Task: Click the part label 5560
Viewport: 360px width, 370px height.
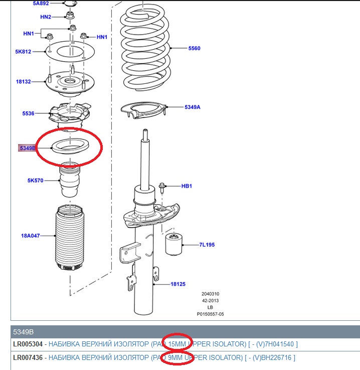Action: click(x=194, y=48)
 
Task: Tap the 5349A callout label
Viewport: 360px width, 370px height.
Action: click(x=192, y=107)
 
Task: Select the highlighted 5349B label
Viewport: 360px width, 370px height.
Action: click(x=28, y=148)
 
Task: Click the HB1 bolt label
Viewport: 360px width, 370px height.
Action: click(x=187, y=186)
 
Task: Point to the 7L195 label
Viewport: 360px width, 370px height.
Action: click(x=207, y=245)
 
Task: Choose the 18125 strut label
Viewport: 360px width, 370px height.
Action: click(x=177, y=284)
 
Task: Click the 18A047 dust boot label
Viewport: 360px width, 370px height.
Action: click(x=31, y=235)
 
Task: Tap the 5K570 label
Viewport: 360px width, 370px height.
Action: click(x=35, y=180)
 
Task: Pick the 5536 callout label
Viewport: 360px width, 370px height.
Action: click(x=28, y=114)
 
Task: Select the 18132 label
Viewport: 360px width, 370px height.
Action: click(x=23, y=81)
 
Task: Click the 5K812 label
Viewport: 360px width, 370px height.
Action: click(x=24, y=51)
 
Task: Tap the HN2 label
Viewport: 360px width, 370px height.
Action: click(x=46, y=17)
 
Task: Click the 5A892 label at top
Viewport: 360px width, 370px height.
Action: click(x=41, y=3)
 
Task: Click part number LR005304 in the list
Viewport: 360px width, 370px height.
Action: click(x=28, y=344)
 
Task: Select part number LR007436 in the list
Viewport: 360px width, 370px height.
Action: click(x=28, y=357)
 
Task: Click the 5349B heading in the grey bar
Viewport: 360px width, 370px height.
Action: click(x=24, y=331)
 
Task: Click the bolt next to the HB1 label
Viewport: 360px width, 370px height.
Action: click(x=163, y=188)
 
